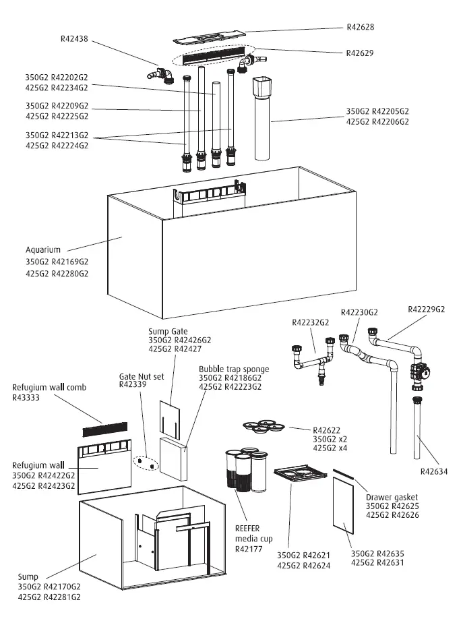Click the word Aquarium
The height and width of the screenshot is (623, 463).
pos(43,250)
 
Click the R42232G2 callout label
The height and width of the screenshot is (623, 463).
pos(310,324)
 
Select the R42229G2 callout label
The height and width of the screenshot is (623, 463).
pos(427,309)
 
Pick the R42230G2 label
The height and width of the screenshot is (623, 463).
pos(359,313)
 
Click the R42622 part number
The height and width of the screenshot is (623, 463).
pos(327,429)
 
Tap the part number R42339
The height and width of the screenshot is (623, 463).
pos(132,386)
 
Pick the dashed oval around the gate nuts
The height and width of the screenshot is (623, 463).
pos(146,465)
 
